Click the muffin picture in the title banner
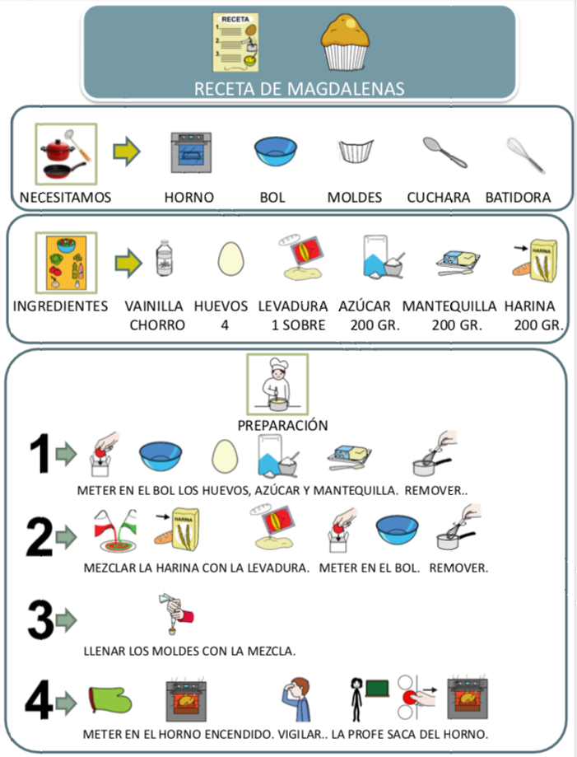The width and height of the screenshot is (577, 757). (x=344, y=41)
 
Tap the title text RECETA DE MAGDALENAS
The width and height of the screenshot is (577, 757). (x=299, y=88)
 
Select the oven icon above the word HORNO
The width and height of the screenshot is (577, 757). (x=190, y=152)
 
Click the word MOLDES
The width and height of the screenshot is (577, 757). (x=355, y=197)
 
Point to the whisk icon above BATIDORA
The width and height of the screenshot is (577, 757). (x=524, y=154)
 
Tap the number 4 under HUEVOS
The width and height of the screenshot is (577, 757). (x=224, y=325)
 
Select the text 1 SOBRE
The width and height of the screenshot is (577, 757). (x=298, y=325)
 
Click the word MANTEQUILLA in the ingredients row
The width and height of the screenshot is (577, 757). (x=449, y=306)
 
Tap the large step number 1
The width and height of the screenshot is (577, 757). (x=40, y=456)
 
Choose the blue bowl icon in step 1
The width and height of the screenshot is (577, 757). (x=161, y=457)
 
